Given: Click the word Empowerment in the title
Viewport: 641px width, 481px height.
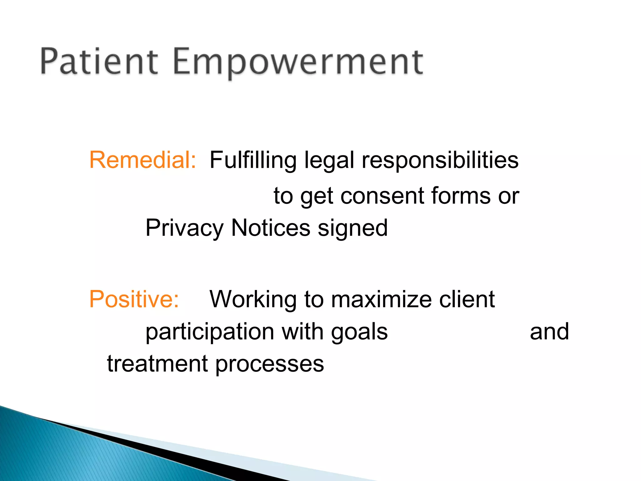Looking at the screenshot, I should [298, 63].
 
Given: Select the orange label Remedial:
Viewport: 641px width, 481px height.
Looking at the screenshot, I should [143, 160].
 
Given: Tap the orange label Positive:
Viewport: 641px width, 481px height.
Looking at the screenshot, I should [134, 299].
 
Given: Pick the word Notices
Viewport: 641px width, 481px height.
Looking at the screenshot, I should [271, 228].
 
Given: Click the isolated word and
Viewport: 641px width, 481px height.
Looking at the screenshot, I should [549, 332].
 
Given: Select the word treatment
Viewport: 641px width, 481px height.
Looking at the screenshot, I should [157, 364].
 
